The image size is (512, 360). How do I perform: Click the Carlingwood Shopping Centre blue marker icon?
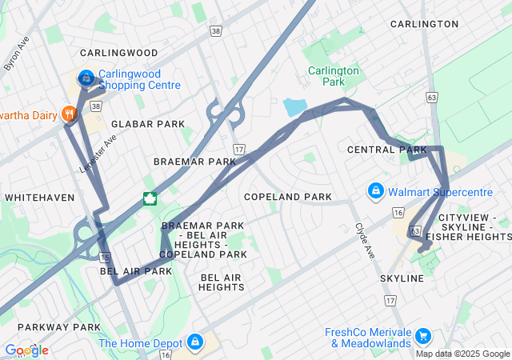(86, 78)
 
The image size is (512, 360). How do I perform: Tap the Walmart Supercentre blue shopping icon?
(374, 191)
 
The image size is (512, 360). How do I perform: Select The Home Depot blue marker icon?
(195, 342)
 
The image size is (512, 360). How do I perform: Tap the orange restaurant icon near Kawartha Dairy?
(70, 114)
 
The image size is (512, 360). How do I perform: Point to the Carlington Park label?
(334, 76)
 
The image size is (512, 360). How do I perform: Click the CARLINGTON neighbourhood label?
(424, 24)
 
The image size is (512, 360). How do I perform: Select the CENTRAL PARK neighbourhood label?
(387, 150)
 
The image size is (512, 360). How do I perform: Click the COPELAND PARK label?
(287, 197)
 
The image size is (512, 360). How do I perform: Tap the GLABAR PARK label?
(147, 124)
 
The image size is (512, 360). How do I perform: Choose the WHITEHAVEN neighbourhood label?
(39, 197)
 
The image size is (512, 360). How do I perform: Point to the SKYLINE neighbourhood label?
(402, 278)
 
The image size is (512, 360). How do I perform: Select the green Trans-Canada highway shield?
(150, 199)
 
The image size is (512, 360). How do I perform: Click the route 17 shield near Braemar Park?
(238, 150)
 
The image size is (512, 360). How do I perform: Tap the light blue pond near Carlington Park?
(294, 106)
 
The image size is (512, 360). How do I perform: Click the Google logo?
(26, 350)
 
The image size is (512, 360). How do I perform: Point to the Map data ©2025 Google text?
(462, 354)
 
